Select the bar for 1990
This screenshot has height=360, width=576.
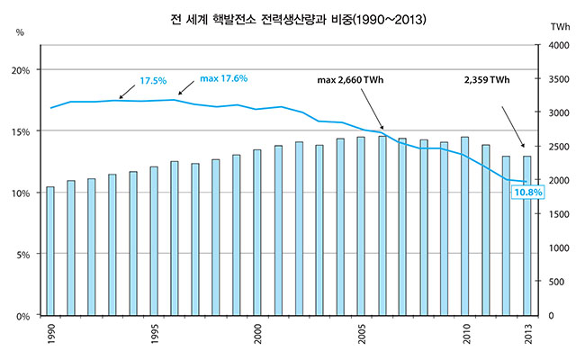pos(50,251)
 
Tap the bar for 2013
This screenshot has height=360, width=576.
pos(528,236)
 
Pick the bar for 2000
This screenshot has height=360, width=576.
pos(257,232)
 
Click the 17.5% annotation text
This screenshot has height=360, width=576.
pos(153,81)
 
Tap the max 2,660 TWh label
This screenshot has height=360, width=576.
pos(356,81)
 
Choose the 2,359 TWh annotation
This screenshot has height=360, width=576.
pos(487,81)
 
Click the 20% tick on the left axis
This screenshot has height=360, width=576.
pos(23,70)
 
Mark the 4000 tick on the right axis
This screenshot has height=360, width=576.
pos(558,45)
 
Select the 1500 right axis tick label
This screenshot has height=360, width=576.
pos(558,214)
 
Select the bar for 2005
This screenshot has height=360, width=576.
pos(361,226)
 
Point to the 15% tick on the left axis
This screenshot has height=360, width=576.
pos(23,131)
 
